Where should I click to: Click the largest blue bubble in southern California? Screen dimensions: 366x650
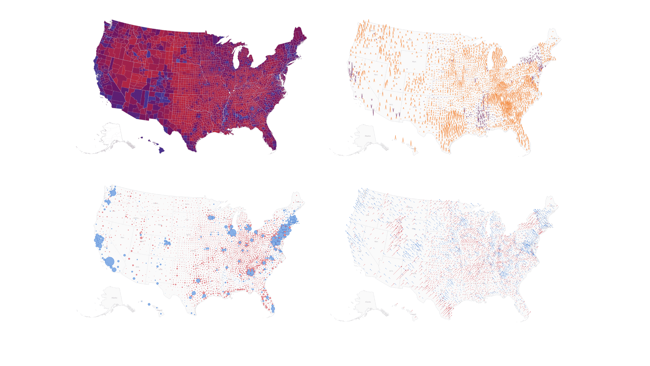point(110,262)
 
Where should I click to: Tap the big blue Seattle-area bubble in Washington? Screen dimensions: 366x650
point(113,193)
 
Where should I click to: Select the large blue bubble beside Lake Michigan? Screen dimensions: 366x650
point(233,232)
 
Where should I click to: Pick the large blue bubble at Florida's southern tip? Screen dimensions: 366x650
point(273,309)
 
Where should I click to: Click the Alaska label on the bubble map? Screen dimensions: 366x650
point(114,298)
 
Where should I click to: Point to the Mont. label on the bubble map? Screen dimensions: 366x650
point(155,203)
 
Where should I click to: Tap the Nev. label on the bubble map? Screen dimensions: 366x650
point(123,238)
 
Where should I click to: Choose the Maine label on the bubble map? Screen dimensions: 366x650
point(298,202)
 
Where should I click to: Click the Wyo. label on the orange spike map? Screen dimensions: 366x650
point(414,62)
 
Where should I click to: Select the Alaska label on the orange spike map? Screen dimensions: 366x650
point(368,136)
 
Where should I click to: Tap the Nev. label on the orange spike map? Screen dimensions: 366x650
point(376,75)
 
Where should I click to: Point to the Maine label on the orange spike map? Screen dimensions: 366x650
point(554,38)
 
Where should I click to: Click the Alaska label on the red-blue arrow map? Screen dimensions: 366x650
point(368,302)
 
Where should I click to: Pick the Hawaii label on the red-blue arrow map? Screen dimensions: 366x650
point(413,314)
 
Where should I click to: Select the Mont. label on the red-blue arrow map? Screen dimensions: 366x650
point(409,207)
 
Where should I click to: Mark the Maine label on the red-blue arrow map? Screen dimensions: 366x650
point(552,206)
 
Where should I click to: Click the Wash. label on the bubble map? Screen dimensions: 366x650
point(119,195)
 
